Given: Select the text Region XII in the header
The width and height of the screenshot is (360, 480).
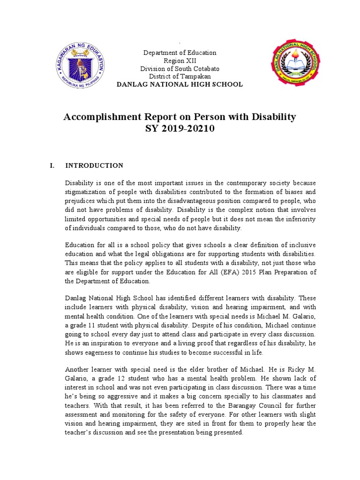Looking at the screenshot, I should (x=180, y=61).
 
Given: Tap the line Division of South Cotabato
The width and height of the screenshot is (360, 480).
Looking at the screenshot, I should (x=180, y=68).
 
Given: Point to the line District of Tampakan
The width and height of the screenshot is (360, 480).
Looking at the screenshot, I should (x=180, y=76).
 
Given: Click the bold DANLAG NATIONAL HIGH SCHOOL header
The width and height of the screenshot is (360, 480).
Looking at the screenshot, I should (x=180, y=84).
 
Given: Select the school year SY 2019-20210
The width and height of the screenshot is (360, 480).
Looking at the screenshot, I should (x=180, y=128).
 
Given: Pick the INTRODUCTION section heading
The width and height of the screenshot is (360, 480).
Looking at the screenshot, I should (x=94, y=165).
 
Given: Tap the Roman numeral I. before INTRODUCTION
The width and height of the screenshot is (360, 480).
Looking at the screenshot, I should (x=52, y=165).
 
